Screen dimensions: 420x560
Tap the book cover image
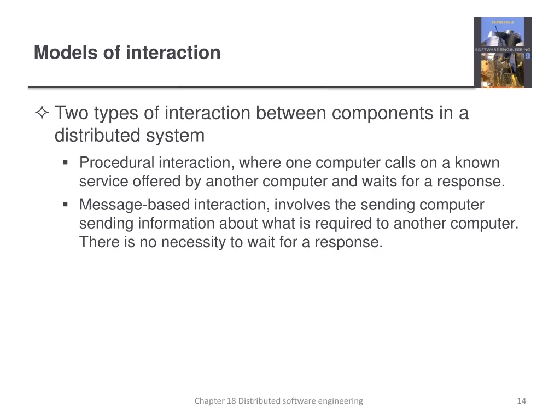502,52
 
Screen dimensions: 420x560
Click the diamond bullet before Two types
42,114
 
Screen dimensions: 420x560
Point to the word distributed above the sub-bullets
98,135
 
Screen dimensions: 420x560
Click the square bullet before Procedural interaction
66,162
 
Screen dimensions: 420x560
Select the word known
477,163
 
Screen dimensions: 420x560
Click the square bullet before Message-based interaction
66,205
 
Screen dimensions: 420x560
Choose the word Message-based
135,205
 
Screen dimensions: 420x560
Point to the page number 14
521,401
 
